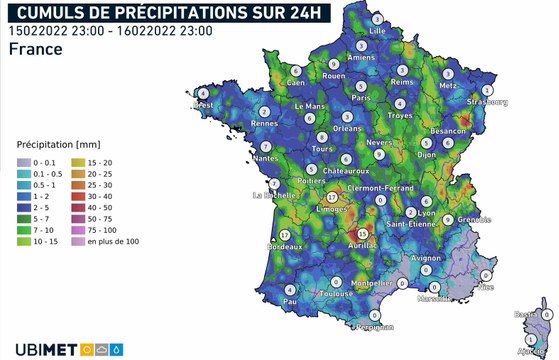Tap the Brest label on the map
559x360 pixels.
pyautogui.click(x=204, y=105)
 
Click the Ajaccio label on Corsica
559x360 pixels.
pyautogui.click(x=540, y=352)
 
